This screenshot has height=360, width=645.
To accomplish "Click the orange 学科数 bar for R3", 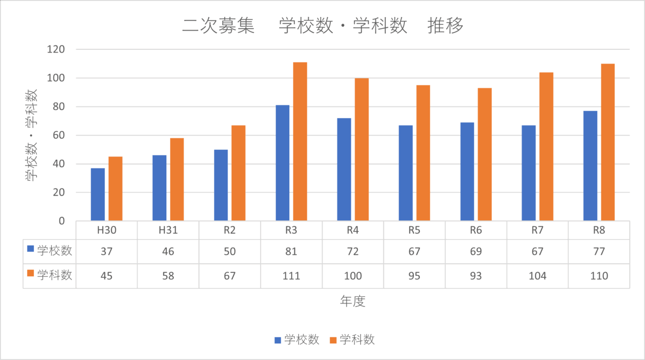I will (300, 141).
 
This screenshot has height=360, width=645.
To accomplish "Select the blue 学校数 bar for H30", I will (98, 194).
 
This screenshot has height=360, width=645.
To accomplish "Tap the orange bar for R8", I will (608, 142).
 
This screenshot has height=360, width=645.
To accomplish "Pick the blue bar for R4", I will (344, 169).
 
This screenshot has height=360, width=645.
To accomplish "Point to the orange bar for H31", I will (177, 179).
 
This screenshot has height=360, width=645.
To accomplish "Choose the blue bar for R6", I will (467, 171).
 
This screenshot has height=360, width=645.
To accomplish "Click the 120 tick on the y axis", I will (56, 49).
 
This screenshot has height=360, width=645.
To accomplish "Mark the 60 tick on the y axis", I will (58, 135).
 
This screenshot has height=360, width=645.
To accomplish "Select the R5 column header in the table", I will (414, 231).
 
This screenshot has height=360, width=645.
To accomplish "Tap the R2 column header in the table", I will (230, 231).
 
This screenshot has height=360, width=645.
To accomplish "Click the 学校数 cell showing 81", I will (291, 251).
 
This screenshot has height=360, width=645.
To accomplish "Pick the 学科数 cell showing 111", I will (291, 276).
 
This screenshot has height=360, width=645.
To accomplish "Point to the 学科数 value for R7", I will (537, 276).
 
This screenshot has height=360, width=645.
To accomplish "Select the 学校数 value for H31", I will (168, 251).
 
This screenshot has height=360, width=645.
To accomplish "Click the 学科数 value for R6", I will (476, 276).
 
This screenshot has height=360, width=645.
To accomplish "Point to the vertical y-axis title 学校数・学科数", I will (31, 135).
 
